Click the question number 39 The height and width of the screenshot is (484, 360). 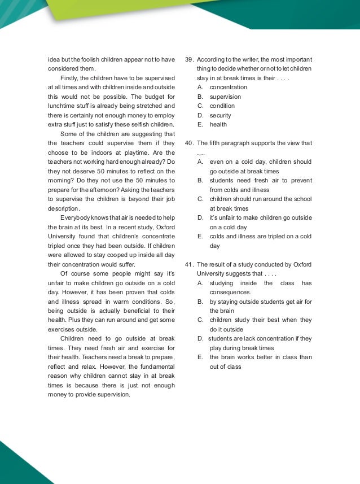click(189, 59)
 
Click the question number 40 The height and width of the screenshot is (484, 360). click(189, 143)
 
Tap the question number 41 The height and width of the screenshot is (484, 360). click(189, 264)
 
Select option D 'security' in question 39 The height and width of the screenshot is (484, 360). click(220, 115)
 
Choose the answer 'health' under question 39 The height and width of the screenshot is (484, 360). click(218, 125)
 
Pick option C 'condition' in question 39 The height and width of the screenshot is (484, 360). click(222, 106)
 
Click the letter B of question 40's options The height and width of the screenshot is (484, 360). click(200, 181)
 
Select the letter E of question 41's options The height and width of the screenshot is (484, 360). click(200, 357)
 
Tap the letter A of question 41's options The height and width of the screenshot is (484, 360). click(200, 283)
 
